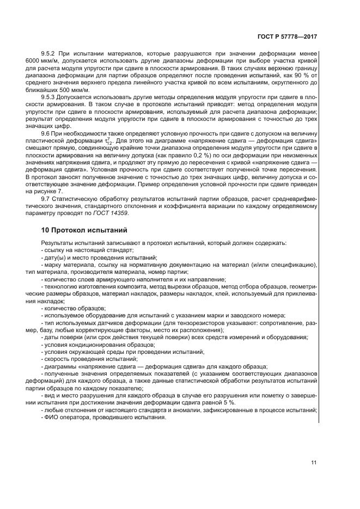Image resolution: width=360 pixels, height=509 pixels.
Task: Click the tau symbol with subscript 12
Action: click(96, 140)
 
